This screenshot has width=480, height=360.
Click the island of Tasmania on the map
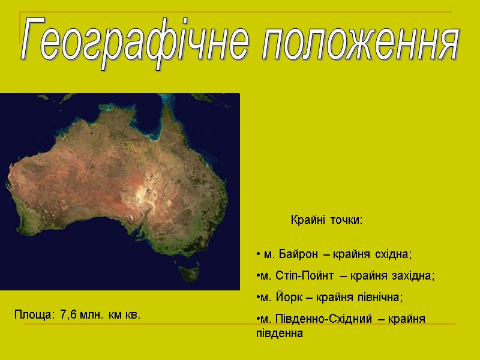click(191, 274)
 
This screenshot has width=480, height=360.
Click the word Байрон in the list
click(293, 254)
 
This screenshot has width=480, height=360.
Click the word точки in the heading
click(346, 221)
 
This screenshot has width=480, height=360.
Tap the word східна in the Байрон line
click(394, 254)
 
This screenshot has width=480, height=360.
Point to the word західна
click(413, 276)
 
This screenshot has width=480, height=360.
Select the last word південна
click(280, 333)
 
